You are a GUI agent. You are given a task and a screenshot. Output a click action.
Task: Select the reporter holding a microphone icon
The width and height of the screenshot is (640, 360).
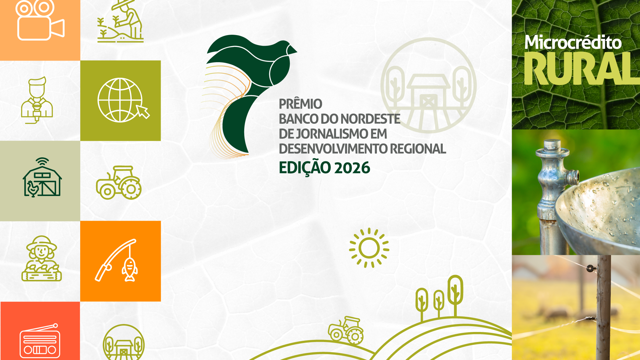pos(37,100)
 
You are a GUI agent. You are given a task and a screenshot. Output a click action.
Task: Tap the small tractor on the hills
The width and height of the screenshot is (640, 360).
pos(346,330)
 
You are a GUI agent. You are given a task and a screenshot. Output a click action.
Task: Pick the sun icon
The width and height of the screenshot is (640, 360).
pos(369,248)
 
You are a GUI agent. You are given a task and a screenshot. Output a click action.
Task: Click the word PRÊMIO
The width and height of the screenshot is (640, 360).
pos(300,104)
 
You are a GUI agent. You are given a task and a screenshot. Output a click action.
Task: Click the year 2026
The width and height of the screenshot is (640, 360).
pos(352,168)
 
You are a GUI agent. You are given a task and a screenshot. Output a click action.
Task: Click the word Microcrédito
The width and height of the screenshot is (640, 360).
pos(573,42)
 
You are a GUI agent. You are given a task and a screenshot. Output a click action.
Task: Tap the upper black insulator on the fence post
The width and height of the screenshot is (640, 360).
pos(591,268)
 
